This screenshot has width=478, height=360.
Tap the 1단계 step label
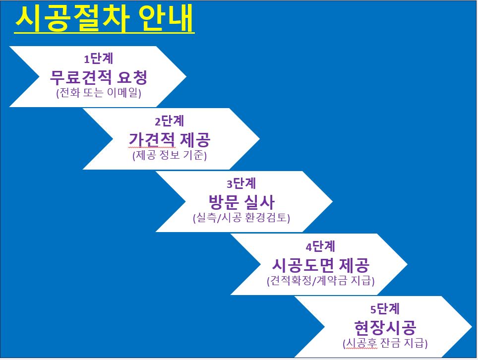(x=99, y=58)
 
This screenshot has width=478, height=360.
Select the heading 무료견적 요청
(x=99, y=77)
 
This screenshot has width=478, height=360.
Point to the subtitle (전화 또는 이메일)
(x=99, y=93)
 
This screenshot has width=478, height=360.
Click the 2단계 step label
(x=169, y=121)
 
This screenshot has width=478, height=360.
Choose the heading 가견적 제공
(x=169, y=139)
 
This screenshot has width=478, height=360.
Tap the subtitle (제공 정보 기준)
(x=169, y=155)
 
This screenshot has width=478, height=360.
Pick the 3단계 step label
(x=241, y=183)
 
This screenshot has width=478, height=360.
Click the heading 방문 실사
(x=241, y=202)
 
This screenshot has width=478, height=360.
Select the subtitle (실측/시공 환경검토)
(x=241, y=218)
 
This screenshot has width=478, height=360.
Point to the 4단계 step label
(x=320, y=246)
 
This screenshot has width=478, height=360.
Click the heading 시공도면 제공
(x=320, y=265)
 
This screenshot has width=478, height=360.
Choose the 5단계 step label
(x=385, y=309)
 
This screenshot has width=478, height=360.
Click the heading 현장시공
(x=385, y=327)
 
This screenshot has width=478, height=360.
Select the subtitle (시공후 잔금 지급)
(x=385, y=343)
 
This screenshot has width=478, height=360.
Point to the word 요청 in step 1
(x=132, y=77)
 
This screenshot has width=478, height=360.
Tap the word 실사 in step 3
(x=260, y=202)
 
